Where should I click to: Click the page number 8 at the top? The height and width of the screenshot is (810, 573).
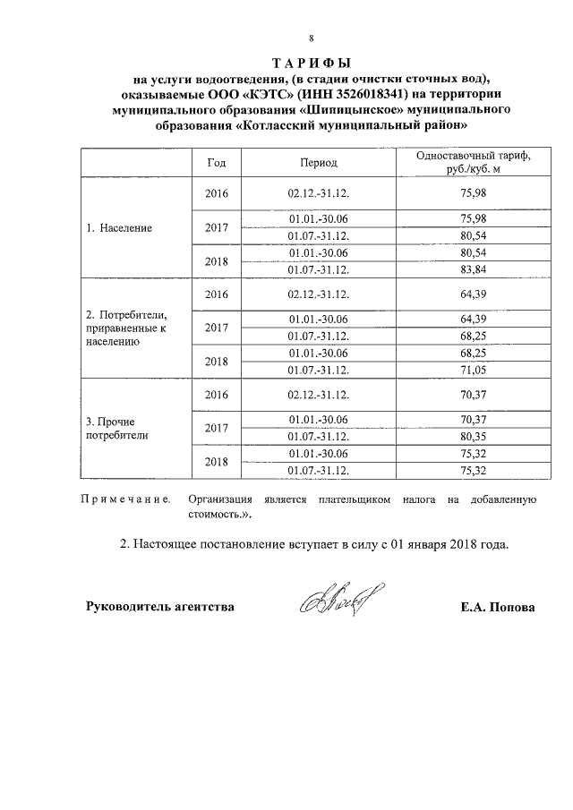pyautogui.click(x=310, y=38)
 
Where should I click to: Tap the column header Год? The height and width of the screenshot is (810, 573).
pyautogui.click(x=216, y=163)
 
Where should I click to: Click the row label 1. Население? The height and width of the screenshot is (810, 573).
pyautogui.click(x=119, y=227)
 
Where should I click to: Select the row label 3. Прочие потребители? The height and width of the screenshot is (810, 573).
pyautogui.click(x=113, y=428)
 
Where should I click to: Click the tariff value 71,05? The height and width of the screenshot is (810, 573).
pyautogui.click(x=473, y=369)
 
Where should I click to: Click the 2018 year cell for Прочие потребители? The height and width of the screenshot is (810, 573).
pyautogui.click(x=217, y=461)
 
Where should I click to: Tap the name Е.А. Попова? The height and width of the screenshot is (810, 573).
pyautogui.click(x=498, y=607)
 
